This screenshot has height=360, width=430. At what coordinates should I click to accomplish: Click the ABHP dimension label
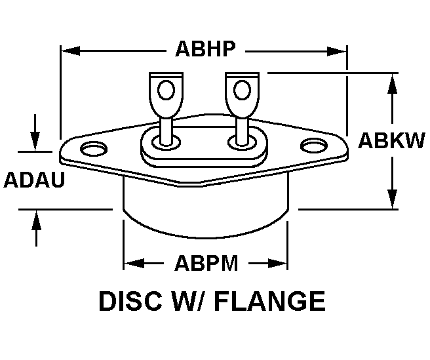tap(205, 49)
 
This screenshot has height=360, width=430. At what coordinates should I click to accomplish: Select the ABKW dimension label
tap(391, 141)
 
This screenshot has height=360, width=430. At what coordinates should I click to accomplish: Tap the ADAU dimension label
tap(34, 179)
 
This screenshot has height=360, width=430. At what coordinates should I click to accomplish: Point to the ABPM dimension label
tap(206, 264)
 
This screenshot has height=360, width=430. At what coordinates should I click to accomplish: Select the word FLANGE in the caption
tap(271, 302)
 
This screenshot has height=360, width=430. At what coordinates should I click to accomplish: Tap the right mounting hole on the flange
tap(314, 146)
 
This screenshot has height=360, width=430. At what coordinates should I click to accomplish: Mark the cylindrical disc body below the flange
tap(205, 209)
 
